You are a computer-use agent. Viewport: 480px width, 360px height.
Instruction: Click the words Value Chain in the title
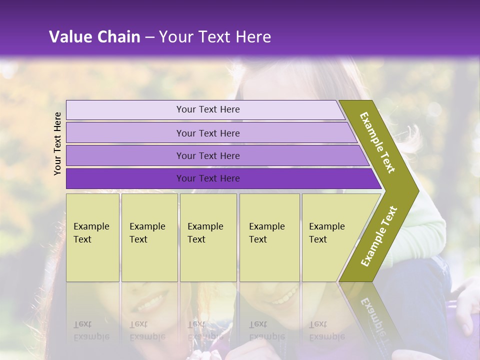coord(94,37)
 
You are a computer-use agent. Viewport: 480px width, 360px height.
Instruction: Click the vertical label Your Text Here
coord(58,143)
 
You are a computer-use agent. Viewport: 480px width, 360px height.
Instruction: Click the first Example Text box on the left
coord(92,237)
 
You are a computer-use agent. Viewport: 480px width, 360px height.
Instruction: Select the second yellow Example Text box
coord(149,237)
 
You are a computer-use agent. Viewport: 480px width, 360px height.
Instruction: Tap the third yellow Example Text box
coord(208,237)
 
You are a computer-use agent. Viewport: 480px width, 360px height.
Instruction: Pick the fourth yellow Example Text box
coord(269,237)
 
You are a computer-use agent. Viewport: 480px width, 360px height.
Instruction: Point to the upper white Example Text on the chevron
coord(377,142)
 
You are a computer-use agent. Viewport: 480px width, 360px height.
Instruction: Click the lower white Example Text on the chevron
coord(379,236)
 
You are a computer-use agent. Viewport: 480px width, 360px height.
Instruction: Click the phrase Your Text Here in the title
coord(215,37)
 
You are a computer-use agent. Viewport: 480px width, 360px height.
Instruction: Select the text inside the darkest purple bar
coord(208,178)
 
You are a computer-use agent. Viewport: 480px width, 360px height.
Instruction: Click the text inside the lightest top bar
coord(208,109)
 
